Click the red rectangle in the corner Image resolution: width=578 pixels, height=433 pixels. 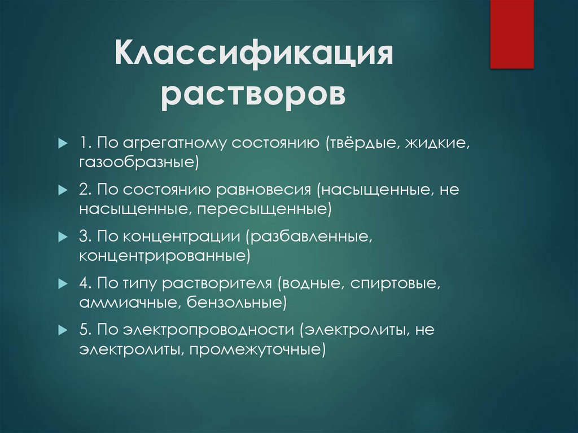[511, 34]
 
